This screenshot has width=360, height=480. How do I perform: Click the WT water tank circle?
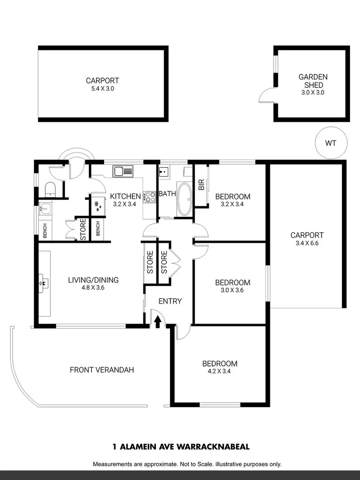[x=330, y=143]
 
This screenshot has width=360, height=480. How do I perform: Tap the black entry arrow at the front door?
[x=157, y=322]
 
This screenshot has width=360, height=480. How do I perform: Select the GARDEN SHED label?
[x=313, y=81]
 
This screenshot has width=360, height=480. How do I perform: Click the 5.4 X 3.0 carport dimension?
[x=102, y=89]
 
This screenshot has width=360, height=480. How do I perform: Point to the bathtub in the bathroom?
[x=184, y=199]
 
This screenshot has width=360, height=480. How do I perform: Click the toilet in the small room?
[x=50, y=189]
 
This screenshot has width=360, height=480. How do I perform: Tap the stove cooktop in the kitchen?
[x=149, y=196]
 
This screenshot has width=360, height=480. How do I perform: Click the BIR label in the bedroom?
[x=201, y=184]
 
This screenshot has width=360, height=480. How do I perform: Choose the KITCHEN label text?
[x=125, y=196]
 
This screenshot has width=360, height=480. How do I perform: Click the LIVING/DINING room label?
[x=93, y=280]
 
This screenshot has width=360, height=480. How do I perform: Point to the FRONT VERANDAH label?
[x=102, y=370]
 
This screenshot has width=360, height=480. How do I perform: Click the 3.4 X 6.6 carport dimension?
[x=307, y=243]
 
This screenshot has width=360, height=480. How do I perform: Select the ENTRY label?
[x=170, y=301]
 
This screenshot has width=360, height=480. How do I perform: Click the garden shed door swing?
[x=265, y=97]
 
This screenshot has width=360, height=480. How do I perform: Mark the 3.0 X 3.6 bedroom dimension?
[x=232, y=291]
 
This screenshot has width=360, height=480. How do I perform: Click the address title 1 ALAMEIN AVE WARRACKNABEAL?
[x=180, y=446]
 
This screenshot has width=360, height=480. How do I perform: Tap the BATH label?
[x=168, y=194]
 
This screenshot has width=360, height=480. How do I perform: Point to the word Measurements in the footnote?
[x=112, y=464]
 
